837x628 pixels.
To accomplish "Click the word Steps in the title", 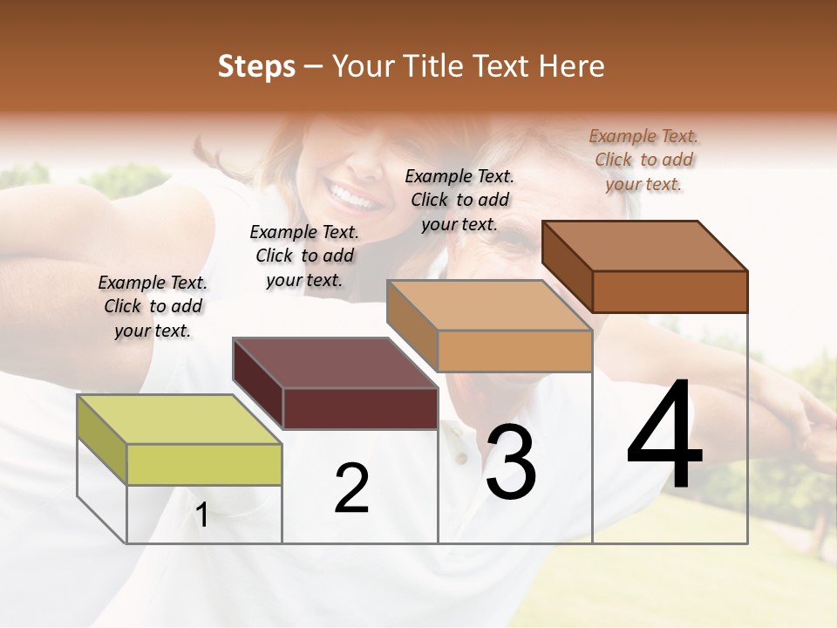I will (x=256, y=67).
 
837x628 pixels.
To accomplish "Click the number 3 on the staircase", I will (x=511, y=462).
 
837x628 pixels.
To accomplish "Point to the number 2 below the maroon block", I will (x=352, y=488).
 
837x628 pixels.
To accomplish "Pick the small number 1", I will (x=202, y=515).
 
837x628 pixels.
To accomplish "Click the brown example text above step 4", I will (x=643, y=160).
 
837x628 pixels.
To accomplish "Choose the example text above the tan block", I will (x=459, y=200).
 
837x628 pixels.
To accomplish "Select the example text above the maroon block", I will (x=304, y=256).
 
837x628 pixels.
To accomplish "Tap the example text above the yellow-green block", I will (x=153, y=306).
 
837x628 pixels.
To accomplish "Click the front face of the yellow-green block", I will (x=204, y=464).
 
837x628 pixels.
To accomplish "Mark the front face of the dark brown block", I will (x=670, y=291).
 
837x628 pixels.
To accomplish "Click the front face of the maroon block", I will (x=360, y=408).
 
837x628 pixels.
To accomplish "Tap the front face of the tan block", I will (x=514, y=351).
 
